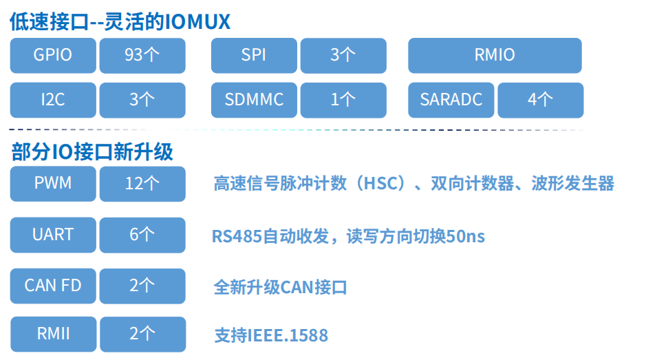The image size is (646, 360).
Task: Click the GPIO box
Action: (x=53, y=55)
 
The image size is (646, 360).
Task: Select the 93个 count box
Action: (x=142, y=55)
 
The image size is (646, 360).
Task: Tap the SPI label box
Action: (x=254, y=55)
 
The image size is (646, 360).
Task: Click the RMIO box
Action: (x=495, y=55)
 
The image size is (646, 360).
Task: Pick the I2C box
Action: (x=53, y=100)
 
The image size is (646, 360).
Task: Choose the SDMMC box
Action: (x=254, y=100)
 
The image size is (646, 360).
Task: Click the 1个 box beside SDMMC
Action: (x=343, y=100)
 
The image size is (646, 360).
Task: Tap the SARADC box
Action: (x=451, y=100)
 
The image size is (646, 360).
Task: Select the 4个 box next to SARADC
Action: (x=540, y=100)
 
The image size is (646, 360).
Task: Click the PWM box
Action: (x=53, y=183)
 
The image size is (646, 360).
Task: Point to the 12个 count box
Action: (x=142, y=183)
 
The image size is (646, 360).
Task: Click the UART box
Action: (x=53, y=235)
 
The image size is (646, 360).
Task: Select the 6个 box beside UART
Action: (x=142, y=235)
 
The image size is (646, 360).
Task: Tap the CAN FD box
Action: (x=53, y=285)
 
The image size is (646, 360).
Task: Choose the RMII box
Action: (x=53, y=334)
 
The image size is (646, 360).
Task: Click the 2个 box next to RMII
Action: (x=142, y=334)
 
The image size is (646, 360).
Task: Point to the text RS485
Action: (x=234, y=237)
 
